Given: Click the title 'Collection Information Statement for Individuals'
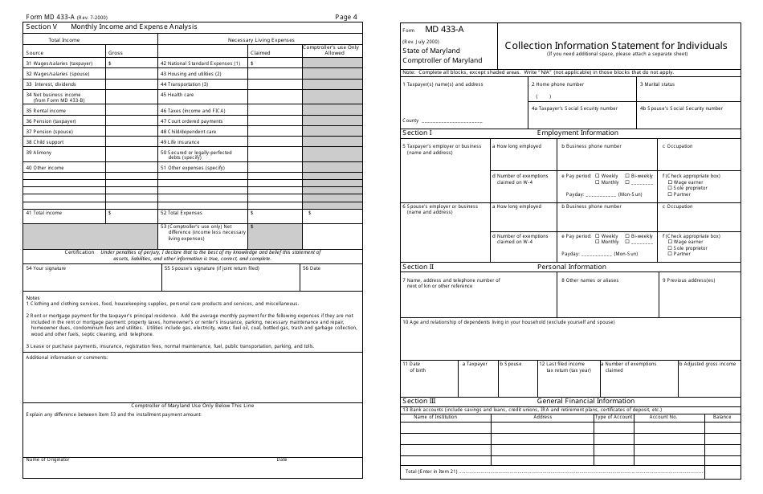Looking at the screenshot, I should pos(616,46).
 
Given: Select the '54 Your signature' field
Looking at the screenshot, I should pos(46,268).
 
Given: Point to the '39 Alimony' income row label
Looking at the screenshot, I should pos(39,151).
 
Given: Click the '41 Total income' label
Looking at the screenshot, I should pos(43,213).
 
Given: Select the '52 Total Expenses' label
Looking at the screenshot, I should pos(181,213).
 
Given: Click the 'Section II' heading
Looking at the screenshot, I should pos(418,267).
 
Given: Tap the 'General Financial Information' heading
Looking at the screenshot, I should pos(586,400).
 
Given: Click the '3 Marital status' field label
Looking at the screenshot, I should pos(657,84).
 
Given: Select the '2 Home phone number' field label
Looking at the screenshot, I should pos(557,84).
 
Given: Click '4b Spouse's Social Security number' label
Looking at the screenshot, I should pos(671,108).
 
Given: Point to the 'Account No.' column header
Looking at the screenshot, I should pos(663,417).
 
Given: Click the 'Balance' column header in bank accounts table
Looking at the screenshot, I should pos(722,417).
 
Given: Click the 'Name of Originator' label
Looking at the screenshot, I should pos(47,459).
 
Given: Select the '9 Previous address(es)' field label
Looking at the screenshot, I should pos(688,280).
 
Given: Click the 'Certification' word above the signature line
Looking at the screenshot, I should pos(80,251).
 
